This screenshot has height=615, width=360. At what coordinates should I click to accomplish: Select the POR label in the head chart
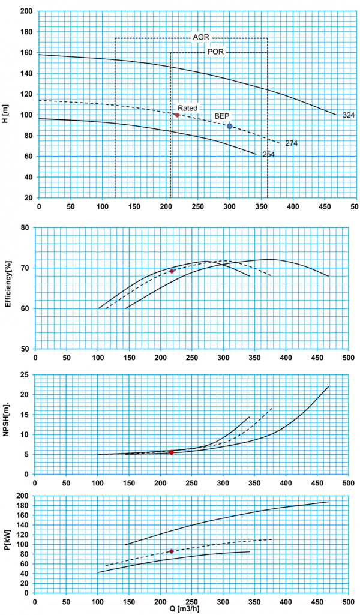(216, 52)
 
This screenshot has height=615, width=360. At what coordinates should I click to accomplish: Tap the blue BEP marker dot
(229, 126)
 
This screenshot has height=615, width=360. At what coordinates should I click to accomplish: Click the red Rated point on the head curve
(176, 115)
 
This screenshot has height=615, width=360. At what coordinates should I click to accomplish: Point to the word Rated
(187, 108)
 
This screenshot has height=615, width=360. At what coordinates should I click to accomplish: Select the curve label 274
(292, 143)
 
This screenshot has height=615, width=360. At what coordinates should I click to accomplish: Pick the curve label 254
(268, 155)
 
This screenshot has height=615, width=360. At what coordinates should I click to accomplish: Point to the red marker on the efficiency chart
(172, 271)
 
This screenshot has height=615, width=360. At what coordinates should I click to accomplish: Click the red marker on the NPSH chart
(171, 452)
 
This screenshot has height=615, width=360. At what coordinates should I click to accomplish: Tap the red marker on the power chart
(171, 551)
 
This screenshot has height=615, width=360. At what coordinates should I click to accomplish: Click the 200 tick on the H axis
(26, 11)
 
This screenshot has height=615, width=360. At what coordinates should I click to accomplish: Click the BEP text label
(222, 116)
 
